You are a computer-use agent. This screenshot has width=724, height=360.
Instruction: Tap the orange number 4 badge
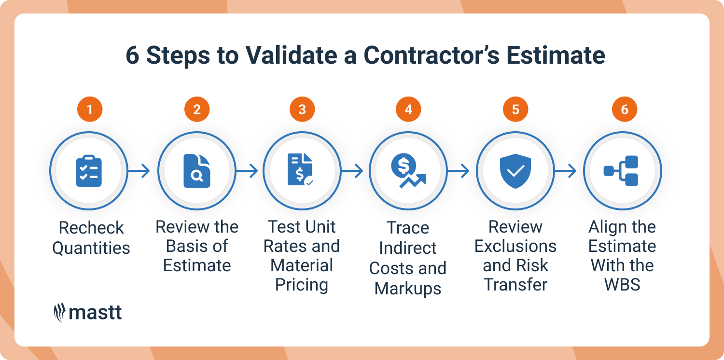point(408,110)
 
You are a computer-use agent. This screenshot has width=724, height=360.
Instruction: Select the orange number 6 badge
point(625,110)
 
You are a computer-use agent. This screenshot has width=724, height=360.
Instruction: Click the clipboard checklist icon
point(89,171)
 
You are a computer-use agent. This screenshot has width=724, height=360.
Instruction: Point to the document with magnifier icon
point(197,171)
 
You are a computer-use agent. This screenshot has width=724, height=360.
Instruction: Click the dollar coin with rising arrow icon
point(407,172)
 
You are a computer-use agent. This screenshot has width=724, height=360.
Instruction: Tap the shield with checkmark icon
point(515,171)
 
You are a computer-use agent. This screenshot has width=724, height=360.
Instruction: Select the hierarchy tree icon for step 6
point(622,171)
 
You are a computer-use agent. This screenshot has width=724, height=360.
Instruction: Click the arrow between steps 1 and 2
point(139,171)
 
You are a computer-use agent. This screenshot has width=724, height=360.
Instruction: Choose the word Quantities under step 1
point(91,248)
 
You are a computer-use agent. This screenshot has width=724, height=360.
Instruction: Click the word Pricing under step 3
point(302,285)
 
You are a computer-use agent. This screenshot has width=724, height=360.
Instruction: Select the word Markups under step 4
point(408,289)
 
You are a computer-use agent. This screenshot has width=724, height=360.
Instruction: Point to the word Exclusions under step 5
point(515,246)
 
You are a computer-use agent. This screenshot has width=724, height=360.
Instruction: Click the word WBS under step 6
point(623,285)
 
